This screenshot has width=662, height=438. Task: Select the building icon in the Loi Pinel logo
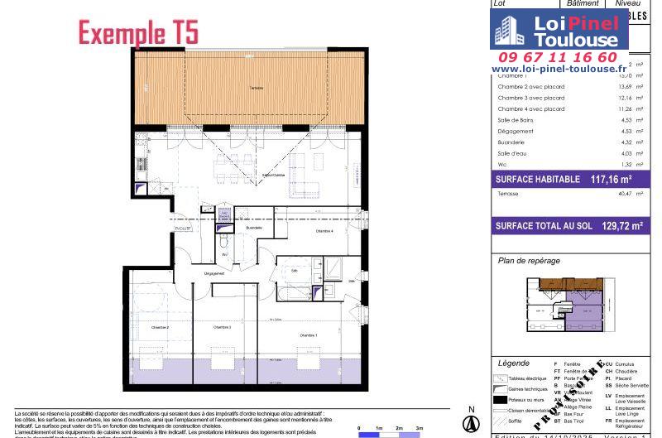(506, 31)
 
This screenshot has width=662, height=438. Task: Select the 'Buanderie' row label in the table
(511, 142)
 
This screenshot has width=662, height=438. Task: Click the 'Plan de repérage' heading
(529, 260)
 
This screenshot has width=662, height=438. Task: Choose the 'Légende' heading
(514, 363)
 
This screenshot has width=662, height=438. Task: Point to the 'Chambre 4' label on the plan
(324, 231)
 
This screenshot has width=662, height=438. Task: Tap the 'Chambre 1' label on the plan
(308, 334)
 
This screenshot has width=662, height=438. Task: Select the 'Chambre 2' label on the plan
(160, 328)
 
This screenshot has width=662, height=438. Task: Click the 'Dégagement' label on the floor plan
(214, 273)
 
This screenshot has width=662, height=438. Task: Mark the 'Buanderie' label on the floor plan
(254, 228)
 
